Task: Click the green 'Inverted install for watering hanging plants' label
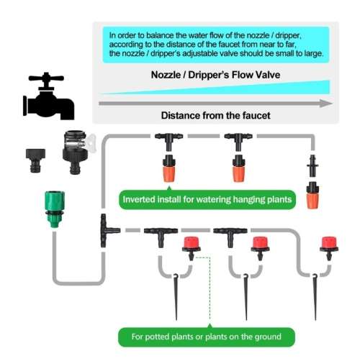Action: [207, 199]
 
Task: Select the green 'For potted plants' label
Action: [206, 336]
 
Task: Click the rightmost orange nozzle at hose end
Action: [312, 194]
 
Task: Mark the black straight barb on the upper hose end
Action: [313, 164]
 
